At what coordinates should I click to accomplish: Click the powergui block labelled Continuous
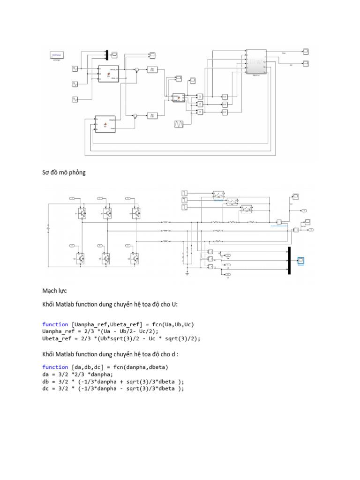click(57, 56)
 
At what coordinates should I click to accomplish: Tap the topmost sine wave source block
click(75, 69)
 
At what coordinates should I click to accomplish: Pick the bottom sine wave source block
click(75, 99)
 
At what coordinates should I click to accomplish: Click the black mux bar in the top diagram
click(107, 55)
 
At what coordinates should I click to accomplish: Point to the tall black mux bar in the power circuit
click(289, 260)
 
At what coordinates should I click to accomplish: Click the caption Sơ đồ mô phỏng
click(64, 172)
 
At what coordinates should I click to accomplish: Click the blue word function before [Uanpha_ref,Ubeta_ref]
click(55, 324)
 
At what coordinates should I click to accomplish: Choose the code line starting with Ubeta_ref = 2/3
click(120, 338)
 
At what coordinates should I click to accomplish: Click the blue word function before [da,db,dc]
click(55, 367)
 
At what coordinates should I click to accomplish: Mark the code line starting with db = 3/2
click(113, 381)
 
